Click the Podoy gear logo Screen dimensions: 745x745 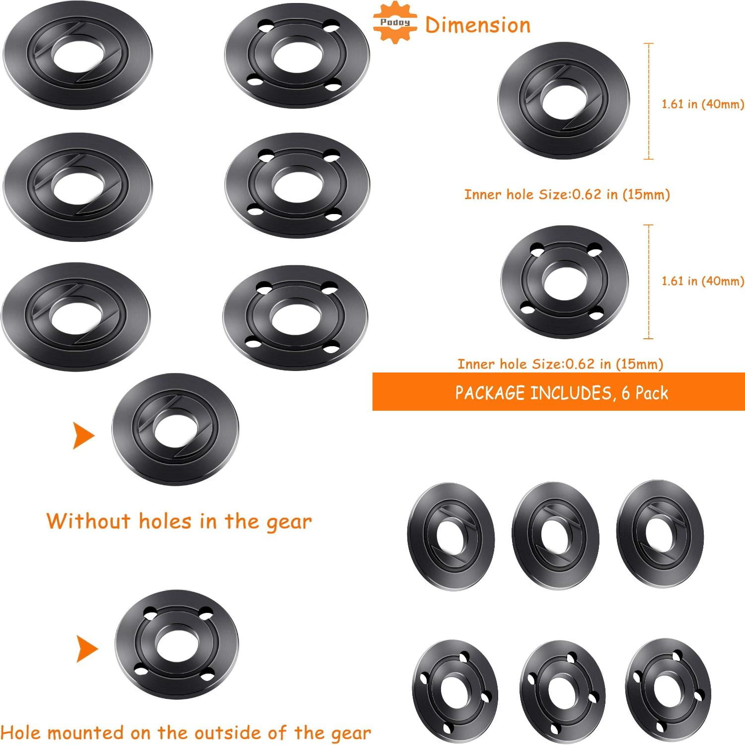click(x=395, y=22)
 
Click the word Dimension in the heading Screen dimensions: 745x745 click(x=478, y=25)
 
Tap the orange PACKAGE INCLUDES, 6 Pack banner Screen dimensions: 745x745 click(x=558, y=392)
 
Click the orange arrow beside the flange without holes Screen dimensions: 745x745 click(x=83, y=436)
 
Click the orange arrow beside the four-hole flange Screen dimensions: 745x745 click(x=87, y=649)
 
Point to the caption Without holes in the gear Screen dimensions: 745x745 click(x=179, y=521)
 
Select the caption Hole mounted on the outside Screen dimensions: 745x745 click(x=186, y=733)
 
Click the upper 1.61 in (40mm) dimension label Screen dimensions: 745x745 click(x=702, y=104)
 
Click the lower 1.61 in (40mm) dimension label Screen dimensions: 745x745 click(x=702, y=281)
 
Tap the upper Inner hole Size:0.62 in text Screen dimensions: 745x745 click(x=567, y=194)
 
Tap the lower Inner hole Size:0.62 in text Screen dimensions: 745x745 click(x=560, y=364)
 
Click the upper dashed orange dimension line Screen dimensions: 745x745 click(x=649, y=101)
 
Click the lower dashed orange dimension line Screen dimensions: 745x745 click(x=649, y=282)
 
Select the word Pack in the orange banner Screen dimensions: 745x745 click(x=652, y=393)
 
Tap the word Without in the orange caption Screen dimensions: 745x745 click(x=88, y=521)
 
